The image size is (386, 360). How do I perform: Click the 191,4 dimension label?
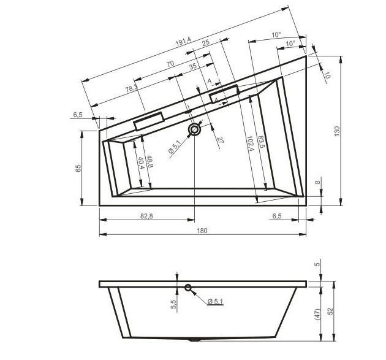click(183, 42)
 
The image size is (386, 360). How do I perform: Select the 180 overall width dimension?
click(202, 231)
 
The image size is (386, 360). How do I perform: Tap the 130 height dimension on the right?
click(337, 131)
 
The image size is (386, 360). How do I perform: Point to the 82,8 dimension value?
click(146, 216)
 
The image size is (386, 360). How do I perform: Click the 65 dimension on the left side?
click(78, 168)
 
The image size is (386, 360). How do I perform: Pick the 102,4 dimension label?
click(250, 144)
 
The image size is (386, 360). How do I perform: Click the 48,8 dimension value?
click(150, 162)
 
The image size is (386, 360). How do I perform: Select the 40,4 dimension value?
click(142, 163)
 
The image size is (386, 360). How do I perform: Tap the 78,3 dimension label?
click(131, 88)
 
